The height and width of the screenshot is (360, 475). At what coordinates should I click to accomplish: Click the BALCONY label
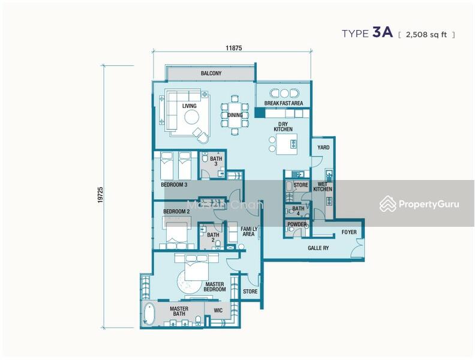coord(211,74)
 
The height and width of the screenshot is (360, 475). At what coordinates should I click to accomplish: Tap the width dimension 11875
coord(233,47)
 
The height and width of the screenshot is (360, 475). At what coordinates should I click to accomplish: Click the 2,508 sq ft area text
coord(426,34)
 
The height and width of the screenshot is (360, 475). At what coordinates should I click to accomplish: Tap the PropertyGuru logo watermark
coord(419,204)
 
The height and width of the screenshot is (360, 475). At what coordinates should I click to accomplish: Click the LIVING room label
coord(190,106)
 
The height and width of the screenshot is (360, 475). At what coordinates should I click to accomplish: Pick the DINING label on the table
coord(235,115)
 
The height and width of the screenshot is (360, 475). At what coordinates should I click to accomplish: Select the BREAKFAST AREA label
coord(283,103)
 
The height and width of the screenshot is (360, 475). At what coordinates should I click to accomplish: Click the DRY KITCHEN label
coord(282,126)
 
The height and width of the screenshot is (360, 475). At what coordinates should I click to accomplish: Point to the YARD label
coord(323,147)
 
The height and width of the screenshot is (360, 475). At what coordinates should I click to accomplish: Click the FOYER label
coord(349,232)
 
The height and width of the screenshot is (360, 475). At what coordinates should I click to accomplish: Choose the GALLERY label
coord(318,247)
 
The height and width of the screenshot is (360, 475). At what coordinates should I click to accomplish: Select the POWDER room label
coord(297,225)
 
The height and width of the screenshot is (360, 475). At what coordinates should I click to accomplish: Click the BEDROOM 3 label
coord(175,185)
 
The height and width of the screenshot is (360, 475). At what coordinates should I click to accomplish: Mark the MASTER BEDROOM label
coord(215,287)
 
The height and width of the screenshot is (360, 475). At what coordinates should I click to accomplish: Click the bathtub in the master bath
coord(149,313)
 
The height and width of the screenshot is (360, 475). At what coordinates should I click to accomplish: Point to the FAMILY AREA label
coord(249,232)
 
